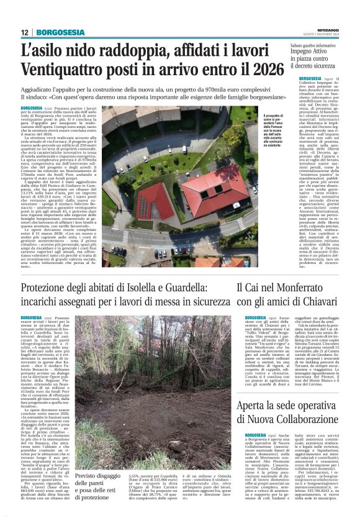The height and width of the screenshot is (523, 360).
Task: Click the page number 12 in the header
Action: pyautogui.click(x=24, y=32)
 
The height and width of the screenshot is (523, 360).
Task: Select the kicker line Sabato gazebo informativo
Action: pyautogui.click(x=306, y=46)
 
